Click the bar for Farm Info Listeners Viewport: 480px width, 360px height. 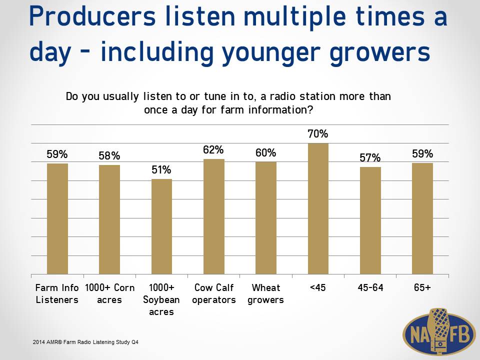[x=57, y=219]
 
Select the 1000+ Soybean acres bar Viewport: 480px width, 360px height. [x=161, y=226]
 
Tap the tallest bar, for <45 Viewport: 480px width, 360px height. [x=318, y=209]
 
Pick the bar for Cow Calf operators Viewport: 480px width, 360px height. [x=213, y=216]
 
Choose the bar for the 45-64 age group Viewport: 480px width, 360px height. [x=370, y=220]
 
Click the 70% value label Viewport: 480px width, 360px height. [x=318, y=134]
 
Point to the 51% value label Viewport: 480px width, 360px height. [x=161, y=169]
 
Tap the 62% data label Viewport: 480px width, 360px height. [x=213, y=149]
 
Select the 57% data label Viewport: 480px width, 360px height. [x=370, y=157]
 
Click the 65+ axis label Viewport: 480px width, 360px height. [x=422, y=287]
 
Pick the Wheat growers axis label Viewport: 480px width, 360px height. [x=265, y=293]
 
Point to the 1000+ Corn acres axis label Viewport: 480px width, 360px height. [x=109, y=293]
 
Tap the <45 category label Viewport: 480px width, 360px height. [x=318, y=287]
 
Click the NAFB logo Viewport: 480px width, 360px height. [x=437, y=332]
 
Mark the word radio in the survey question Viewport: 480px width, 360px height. [x=283, y=96]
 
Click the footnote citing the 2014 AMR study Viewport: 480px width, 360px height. [x=85, y=342]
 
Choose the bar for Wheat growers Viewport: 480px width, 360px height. [x=266, y=218]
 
